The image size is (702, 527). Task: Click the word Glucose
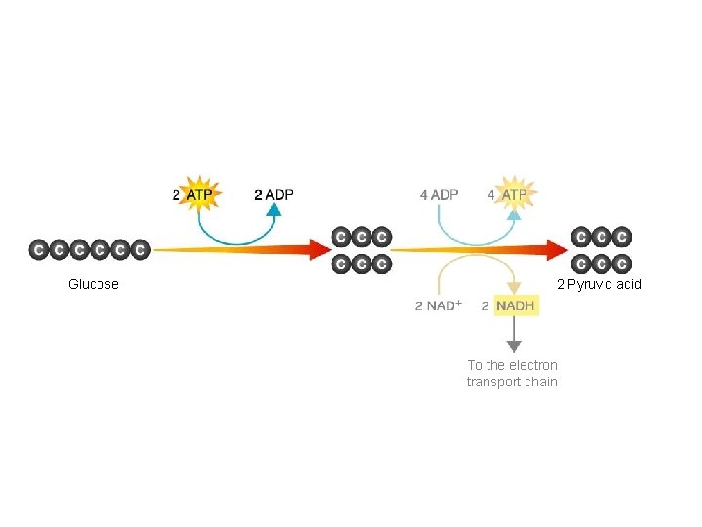(94, 284)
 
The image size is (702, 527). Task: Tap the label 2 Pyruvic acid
(599, 284)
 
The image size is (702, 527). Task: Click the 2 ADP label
(273, 194)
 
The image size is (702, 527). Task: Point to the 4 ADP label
(439, 194)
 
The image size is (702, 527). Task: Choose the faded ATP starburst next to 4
(514, 194)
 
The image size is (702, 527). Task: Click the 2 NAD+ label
(438, 306)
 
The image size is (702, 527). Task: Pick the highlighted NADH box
(515, 306)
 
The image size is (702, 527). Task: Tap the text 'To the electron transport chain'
(512, 373)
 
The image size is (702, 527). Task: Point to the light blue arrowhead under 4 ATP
(514, 213)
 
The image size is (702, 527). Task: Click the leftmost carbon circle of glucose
(39, 250)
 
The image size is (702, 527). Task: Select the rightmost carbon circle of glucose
(140, 250)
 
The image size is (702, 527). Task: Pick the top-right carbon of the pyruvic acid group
(622, 237)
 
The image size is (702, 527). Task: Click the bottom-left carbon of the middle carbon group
(341, 263)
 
